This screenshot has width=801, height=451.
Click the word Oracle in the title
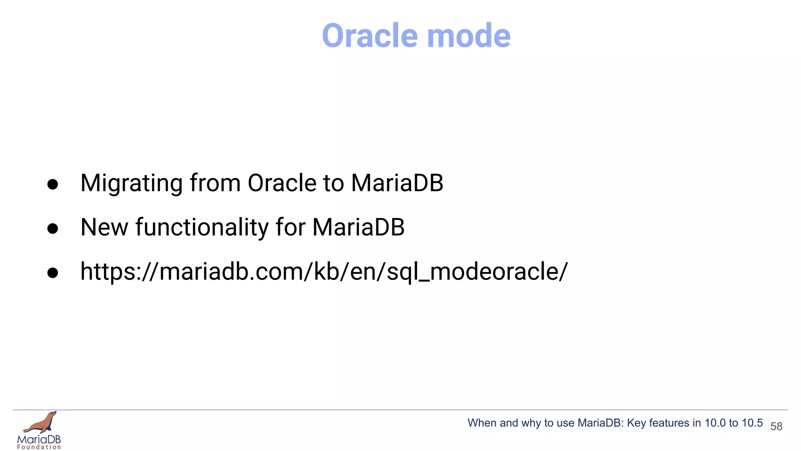[370, 36]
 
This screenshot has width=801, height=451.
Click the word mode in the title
[469, 36]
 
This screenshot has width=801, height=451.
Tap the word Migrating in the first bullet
[131, 183]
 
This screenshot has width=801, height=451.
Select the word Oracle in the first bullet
[282, 183]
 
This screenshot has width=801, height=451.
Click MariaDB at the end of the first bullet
[397, 183]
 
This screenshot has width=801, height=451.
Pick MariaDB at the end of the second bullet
[358, 227]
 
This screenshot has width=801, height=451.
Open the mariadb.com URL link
[324, 271]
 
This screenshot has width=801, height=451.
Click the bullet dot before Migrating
[52, 184]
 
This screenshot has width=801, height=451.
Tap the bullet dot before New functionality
[52, 229]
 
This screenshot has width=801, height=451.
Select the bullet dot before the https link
[52, 273]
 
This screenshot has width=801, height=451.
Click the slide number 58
[776, 426]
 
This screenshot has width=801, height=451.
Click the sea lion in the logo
[41, 423]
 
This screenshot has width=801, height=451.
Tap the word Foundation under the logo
[39, 447]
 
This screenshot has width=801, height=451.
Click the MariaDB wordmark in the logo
[39, 439]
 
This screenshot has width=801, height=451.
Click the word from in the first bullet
[215, 183]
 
